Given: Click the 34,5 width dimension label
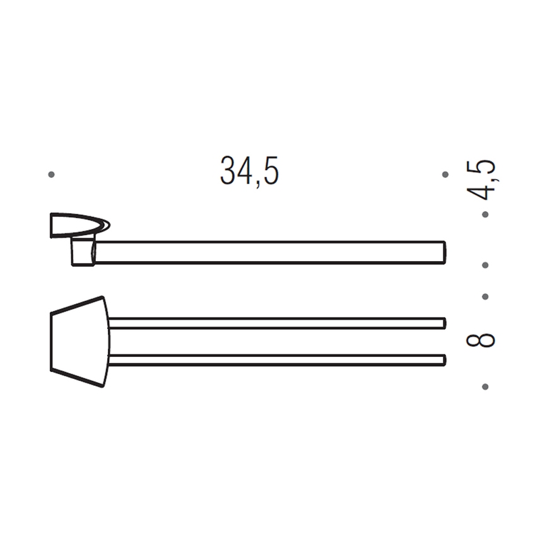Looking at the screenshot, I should click(249, 172).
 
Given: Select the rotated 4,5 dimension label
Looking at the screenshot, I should click(484, 180).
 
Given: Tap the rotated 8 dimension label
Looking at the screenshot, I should click(481, 341).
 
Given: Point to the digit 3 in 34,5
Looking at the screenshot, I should click(228, 172).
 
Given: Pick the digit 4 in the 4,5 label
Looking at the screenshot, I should click(484, 190).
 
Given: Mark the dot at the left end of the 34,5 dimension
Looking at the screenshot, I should click(52, 174).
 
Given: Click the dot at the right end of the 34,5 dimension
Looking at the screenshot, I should click(445, 174).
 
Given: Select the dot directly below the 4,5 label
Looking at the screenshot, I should click(485, 214).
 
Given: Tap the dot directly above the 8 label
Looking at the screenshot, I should click(485, 296).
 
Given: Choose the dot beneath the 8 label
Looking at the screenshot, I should click(485, 386).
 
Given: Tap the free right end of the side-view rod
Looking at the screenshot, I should click(443, 252).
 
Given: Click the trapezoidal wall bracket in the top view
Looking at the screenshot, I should click(79, 341).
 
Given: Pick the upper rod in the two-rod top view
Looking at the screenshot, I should click(277, 323).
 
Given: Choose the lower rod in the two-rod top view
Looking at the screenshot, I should click(277, 360).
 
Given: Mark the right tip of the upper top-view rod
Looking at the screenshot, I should click(444, 323).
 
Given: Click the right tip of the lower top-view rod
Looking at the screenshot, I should click(444, 360).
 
